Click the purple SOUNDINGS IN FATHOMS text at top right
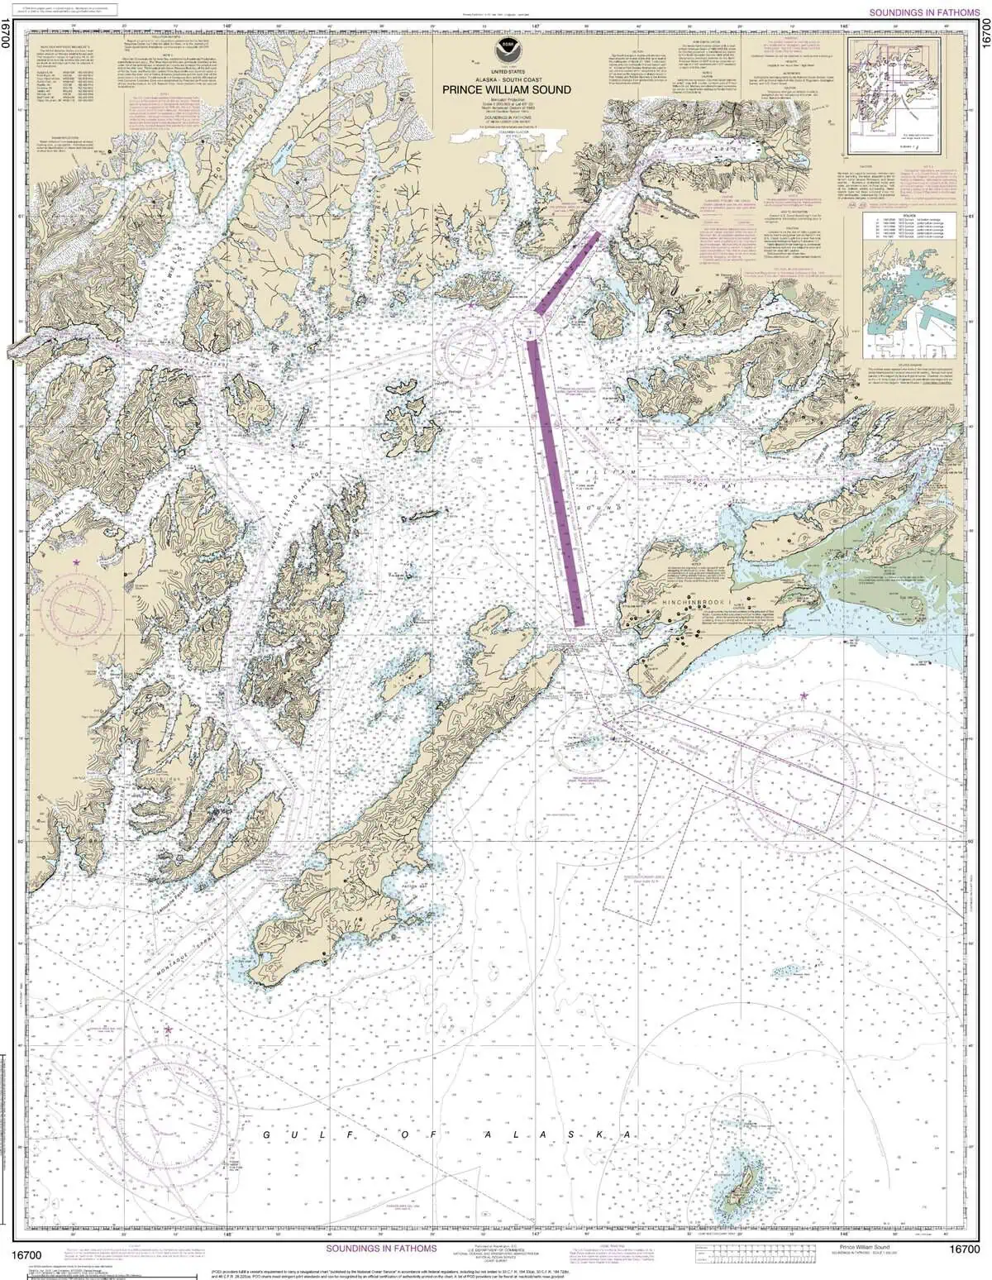pyautogui.click(x=924, y=13)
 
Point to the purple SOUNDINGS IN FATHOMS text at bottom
pyautogui.click(x=381, y=1249)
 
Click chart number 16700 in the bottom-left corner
pyautogui.click(x=27, y=1254)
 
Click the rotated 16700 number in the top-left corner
pyautogui.click(x=8, y=36)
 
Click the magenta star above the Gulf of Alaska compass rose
pyautogui.click(x=169, y=1030)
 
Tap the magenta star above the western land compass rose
pyautogui.click(x=77, y=562)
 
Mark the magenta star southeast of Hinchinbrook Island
pyautogui.click(x=803, y=696)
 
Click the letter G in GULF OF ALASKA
pyautogui.click(x=267, y=1135)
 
